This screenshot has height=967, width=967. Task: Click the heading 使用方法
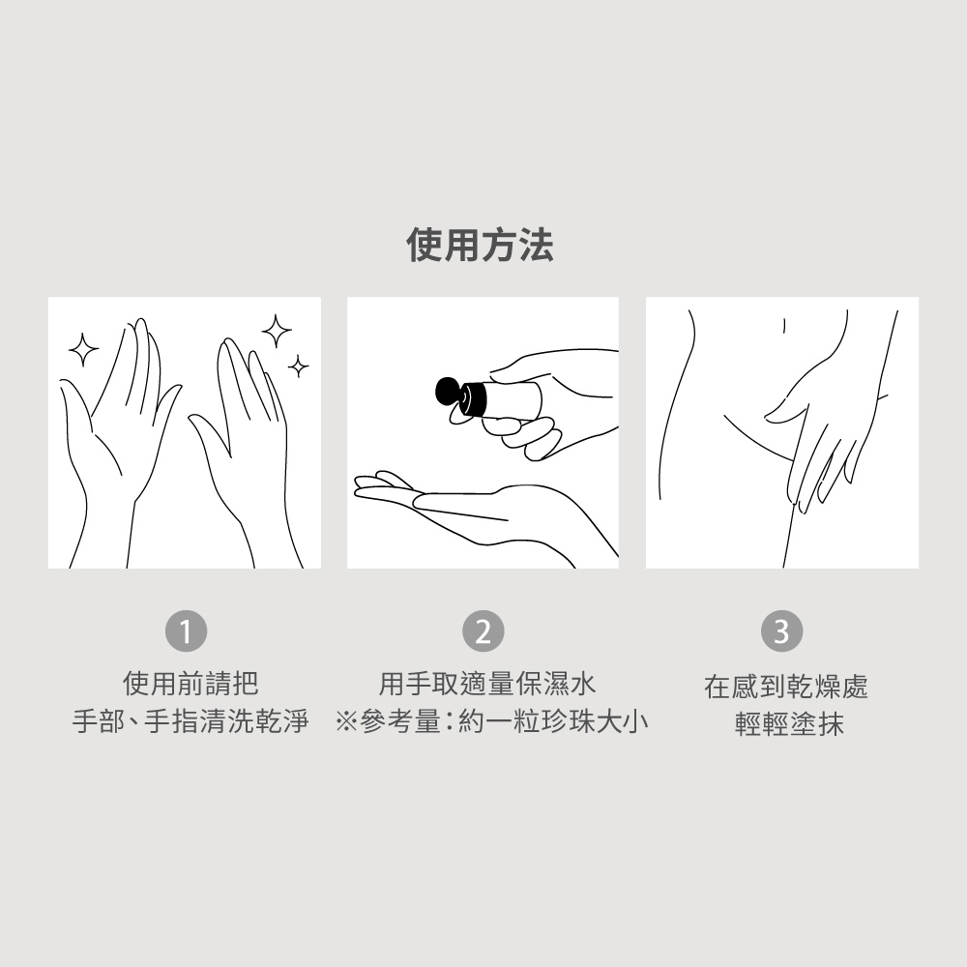pyautogui.click(x=480, y=245)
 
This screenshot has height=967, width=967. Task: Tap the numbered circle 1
pyautogui.click(x=187, y=630)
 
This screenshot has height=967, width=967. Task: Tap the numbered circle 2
pyautogui.click(x=483, y=630)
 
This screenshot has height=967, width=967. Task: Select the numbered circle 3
pyautogui.click(x=781, y=630)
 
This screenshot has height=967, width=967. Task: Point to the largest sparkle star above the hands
pyautogui.click(x=277, y=332)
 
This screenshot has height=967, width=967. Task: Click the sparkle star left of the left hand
pyautogui.click(x=83, y=350)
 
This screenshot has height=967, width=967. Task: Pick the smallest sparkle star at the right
pyautogui.click(x=299, y=366)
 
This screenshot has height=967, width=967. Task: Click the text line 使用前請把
pyautogui.click(x=190, y=684)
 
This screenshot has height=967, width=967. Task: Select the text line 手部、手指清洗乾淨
pyautogui.click(x=190, y=721)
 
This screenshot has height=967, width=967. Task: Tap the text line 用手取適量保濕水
pyautogui.click(x=487, y=684)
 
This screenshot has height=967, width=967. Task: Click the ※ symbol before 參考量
pyautogui.click(x=346, y=721)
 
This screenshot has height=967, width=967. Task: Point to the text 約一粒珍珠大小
pyautogui.click(x=553, y=721)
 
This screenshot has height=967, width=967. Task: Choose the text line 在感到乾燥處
pyautogui.click(x=785, y=687)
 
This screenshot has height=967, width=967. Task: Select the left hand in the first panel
pyautogui.click(x=117, y=444)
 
